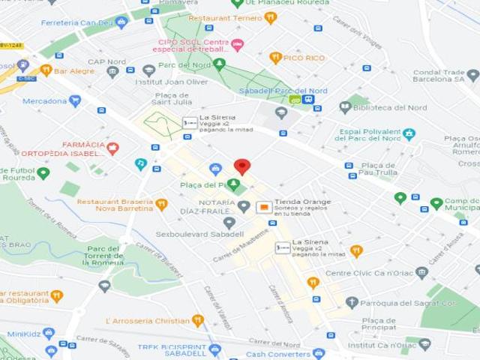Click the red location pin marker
click(x=241, y=166)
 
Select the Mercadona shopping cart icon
click(x=75, y=100)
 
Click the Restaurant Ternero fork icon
click(x=270, y=18)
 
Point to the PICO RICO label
click(x=304, y=57)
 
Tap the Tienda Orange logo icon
click(x=264, y=207)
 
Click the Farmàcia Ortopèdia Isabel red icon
click(x=112, y=148)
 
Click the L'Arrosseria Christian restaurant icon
click(x=198, y=320)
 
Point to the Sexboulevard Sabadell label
click(x=189, y=234)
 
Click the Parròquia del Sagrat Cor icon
click(x=352, y=302)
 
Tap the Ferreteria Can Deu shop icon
click(x=121, y=22)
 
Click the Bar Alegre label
click(x=74, y=70)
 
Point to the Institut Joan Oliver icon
click(x=148, y=70)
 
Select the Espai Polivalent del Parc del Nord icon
click(x=409, y=134)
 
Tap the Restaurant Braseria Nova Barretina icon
click(x=161, y=204)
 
